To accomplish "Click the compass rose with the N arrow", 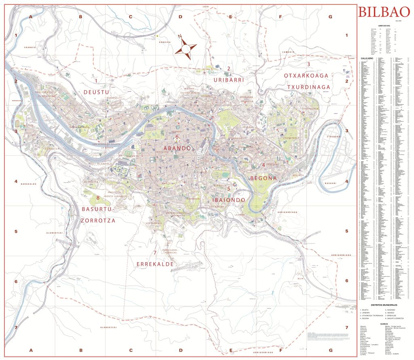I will tap(185, 47).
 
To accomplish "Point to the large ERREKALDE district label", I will tap(155, 264).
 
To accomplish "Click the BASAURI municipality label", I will tap(330, 183).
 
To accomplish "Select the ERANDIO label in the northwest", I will tap(30, 48).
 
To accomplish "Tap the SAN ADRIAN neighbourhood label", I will tap(216, 207).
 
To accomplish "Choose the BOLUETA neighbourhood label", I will tap(298, 175).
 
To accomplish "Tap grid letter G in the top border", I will tap(330, 17).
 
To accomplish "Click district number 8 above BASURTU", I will tap(97, 198).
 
